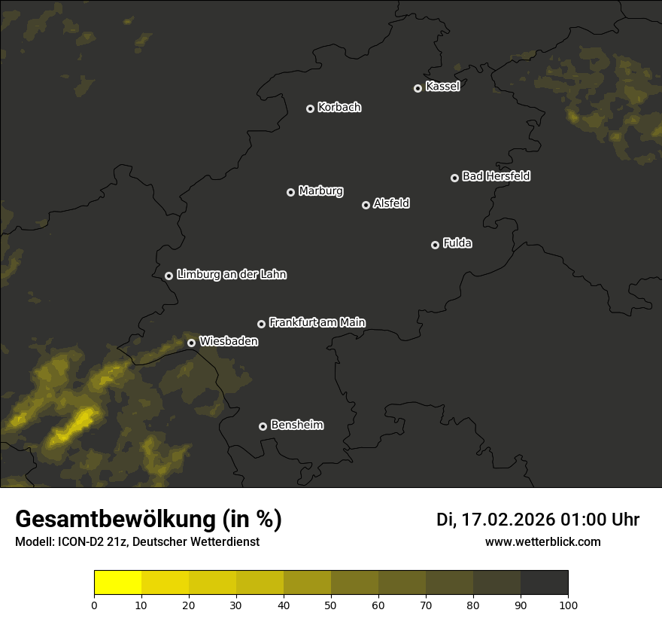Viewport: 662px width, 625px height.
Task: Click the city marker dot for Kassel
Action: pyautogui.click(x=418, y=88)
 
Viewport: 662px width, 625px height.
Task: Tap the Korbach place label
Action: pyautogui.click(x=339, y=108)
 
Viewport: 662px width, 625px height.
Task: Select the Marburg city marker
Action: pyautogui.click(x=290, y=192)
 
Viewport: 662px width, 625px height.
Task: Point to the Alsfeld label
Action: pyautogui.click(x=391, y=203)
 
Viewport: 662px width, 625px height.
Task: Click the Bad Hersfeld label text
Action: pyautogui.click(x=496, y=176)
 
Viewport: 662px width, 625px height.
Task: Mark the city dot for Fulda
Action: pyautogui.click(x=435, y=245)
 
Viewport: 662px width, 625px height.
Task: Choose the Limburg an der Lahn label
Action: pyautogui.click(x=231, y=275)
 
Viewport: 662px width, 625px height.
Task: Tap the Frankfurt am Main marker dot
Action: pyautogui.click(x=261, y=324)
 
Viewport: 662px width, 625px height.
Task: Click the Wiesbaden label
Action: pyautogui.click(x=228, y=341)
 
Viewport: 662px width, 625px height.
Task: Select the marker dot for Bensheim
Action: pyautogui.click(x=263, y=426)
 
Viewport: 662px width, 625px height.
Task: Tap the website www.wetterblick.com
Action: pyautogui.click(x=542, y=541)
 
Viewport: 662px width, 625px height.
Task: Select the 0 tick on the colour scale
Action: pyautogui.click(x=94, y=605)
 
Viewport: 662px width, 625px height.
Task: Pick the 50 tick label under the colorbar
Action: pyautogui.click(x=331, y=605)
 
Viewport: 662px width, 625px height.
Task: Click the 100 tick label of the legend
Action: pyautogui.click(x=568, y=605)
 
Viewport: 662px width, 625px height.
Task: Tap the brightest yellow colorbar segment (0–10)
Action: pyautogui.click(x=117, y=583)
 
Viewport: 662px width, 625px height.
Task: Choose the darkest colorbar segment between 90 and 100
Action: pyautogui.click(x=544, y=583)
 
